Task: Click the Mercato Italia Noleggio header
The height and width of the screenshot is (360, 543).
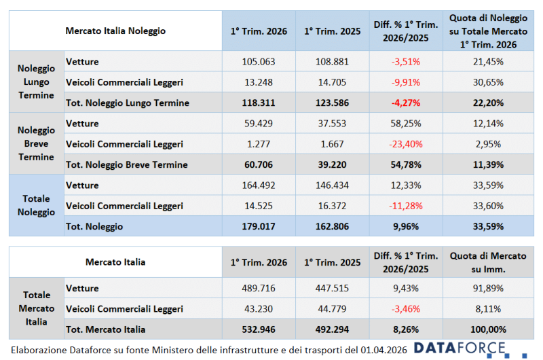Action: (115, 31)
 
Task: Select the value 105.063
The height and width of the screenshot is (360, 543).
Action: (259, 62)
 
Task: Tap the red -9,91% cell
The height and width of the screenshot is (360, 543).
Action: (405, 82)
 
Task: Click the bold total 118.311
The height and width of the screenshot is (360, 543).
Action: (259, 103)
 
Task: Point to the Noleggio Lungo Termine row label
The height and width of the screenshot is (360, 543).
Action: (36, 82)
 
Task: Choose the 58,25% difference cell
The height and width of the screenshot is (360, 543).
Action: (405, 124)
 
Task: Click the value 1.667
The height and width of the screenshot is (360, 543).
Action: (331, 144)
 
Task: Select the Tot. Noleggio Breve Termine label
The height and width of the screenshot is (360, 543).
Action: (126, 165)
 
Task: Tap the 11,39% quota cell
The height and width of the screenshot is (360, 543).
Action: (488, 165)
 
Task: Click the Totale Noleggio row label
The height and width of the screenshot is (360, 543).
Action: (36, 205)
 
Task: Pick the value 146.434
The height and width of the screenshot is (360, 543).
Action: (331, 185)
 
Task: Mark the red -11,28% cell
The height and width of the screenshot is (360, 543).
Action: (405, 206)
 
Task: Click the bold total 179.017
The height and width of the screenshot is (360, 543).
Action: (259, 226)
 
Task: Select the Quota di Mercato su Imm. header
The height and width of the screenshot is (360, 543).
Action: (488, 262)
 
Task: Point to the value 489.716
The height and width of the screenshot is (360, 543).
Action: (259, 288)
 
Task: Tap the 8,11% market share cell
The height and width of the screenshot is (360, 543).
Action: (488, 309)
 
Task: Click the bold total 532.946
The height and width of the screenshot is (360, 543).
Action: (259, 330)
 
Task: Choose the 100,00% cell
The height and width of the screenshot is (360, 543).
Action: (488, 330)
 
